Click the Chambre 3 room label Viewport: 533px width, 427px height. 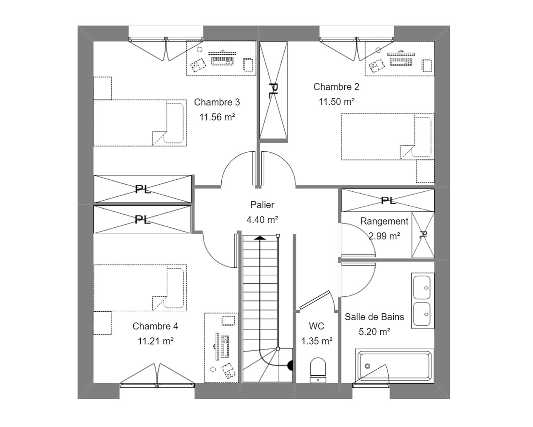[217, 102]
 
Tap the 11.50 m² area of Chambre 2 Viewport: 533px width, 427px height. [337, 102]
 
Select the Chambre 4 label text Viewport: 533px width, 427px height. [155, 326]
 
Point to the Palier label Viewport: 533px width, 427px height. [262, 205]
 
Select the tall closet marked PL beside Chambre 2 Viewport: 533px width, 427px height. [273, 90]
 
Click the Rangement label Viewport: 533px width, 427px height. [384, 221]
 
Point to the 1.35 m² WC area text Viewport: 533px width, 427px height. [317, 341]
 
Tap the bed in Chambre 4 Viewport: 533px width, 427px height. [140, 288]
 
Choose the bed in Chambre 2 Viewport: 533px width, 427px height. [387, 137]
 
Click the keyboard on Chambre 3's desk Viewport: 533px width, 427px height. [222, 60]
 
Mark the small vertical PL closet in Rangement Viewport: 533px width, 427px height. [423, 234]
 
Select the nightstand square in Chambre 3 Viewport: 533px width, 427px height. [103, 88]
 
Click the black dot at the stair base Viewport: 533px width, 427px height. [290, 365]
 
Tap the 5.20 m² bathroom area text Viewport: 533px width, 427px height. [375, 332]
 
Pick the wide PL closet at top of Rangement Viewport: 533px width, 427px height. [388, 200]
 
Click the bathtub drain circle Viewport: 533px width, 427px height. [367, 366]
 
